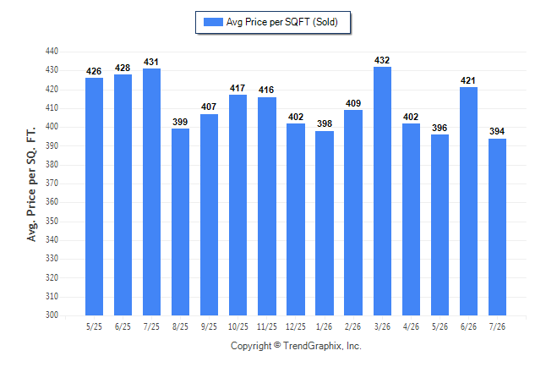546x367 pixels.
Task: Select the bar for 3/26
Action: tap(382, 191)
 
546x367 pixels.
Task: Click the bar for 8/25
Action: tap(180, 222)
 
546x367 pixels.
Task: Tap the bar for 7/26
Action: tap(497, 227)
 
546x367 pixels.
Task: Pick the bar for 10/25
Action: tap(238, 205)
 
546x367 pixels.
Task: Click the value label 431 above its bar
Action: tap(151, 62)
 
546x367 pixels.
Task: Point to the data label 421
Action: tap(468, 80)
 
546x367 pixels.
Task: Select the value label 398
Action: tap(325, 123)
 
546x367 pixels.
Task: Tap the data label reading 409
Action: tap(353, 103)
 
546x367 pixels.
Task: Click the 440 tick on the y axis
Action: tap(52, 52)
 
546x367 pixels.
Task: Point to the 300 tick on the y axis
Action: tap(52, 315)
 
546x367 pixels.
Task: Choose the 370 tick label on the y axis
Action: tap(52, 183)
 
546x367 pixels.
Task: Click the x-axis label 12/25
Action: tap(296, 326)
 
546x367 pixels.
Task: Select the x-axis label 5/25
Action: tap(94, 326)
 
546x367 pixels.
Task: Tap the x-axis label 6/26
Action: tap(468, 326)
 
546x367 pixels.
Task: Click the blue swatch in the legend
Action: tap(213, 22)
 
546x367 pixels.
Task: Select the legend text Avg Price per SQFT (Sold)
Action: tap(282, 22)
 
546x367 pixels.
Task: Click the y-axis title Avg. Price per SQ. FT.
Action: tap(31, 184)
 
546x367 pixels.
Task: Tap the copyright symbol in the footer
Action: tap(277, 345)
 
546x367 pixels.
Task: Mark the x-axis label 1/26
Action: tap(325, 326)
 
